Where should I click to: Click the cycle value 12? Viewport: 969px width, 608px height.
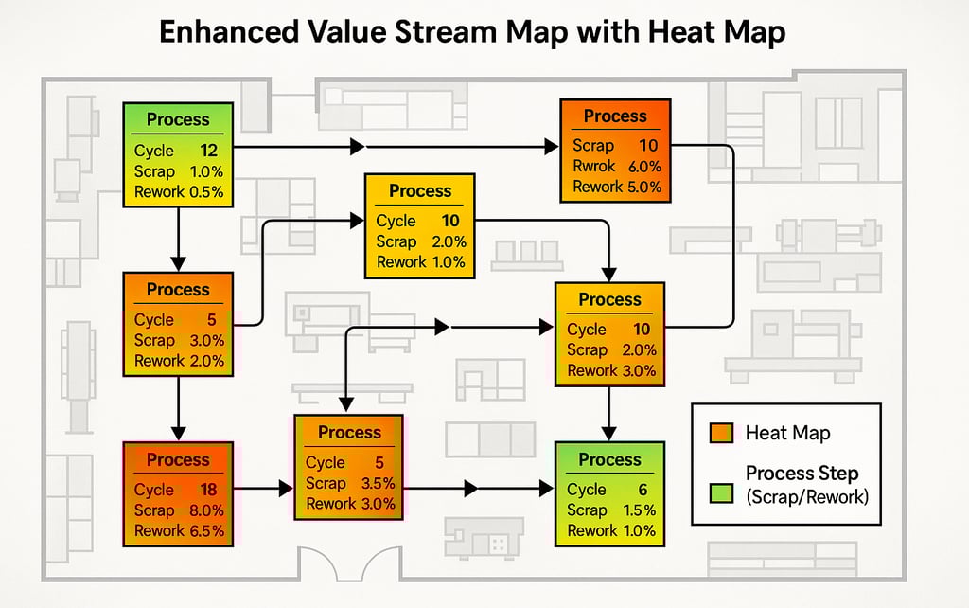(x=209, y=151)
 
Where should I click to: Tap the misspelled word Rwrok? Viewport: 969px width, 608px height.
(x=593, y=166)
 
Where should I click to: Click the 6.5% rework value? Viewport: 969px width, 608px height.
(x=206, y=530)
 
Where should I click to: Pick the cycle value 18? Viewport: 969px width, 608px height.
(x=209, y=490)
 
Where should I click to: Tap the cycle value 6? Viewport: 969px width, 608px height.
(x=643, y=490)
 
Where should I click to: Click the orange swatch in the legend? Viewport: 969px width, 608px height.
(x=721, y=434)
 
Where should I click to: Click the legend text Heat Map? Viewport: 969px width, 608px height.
(x=787, y=434)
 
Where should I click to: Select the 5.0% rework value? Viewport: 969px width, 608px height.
(x=643, y=187)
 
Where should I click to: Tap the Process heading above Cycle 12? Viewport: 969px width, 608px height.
(x=178, y=120)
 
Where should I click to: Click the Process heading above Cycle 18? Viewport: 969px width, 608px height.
(x=178, y=460)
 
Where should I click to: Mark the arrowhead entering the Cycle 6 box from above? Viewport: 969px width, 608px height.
(x=609, y=433)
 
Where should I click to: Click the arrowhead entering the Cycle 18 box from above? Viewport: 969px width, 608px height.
(x=178, y=433)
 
